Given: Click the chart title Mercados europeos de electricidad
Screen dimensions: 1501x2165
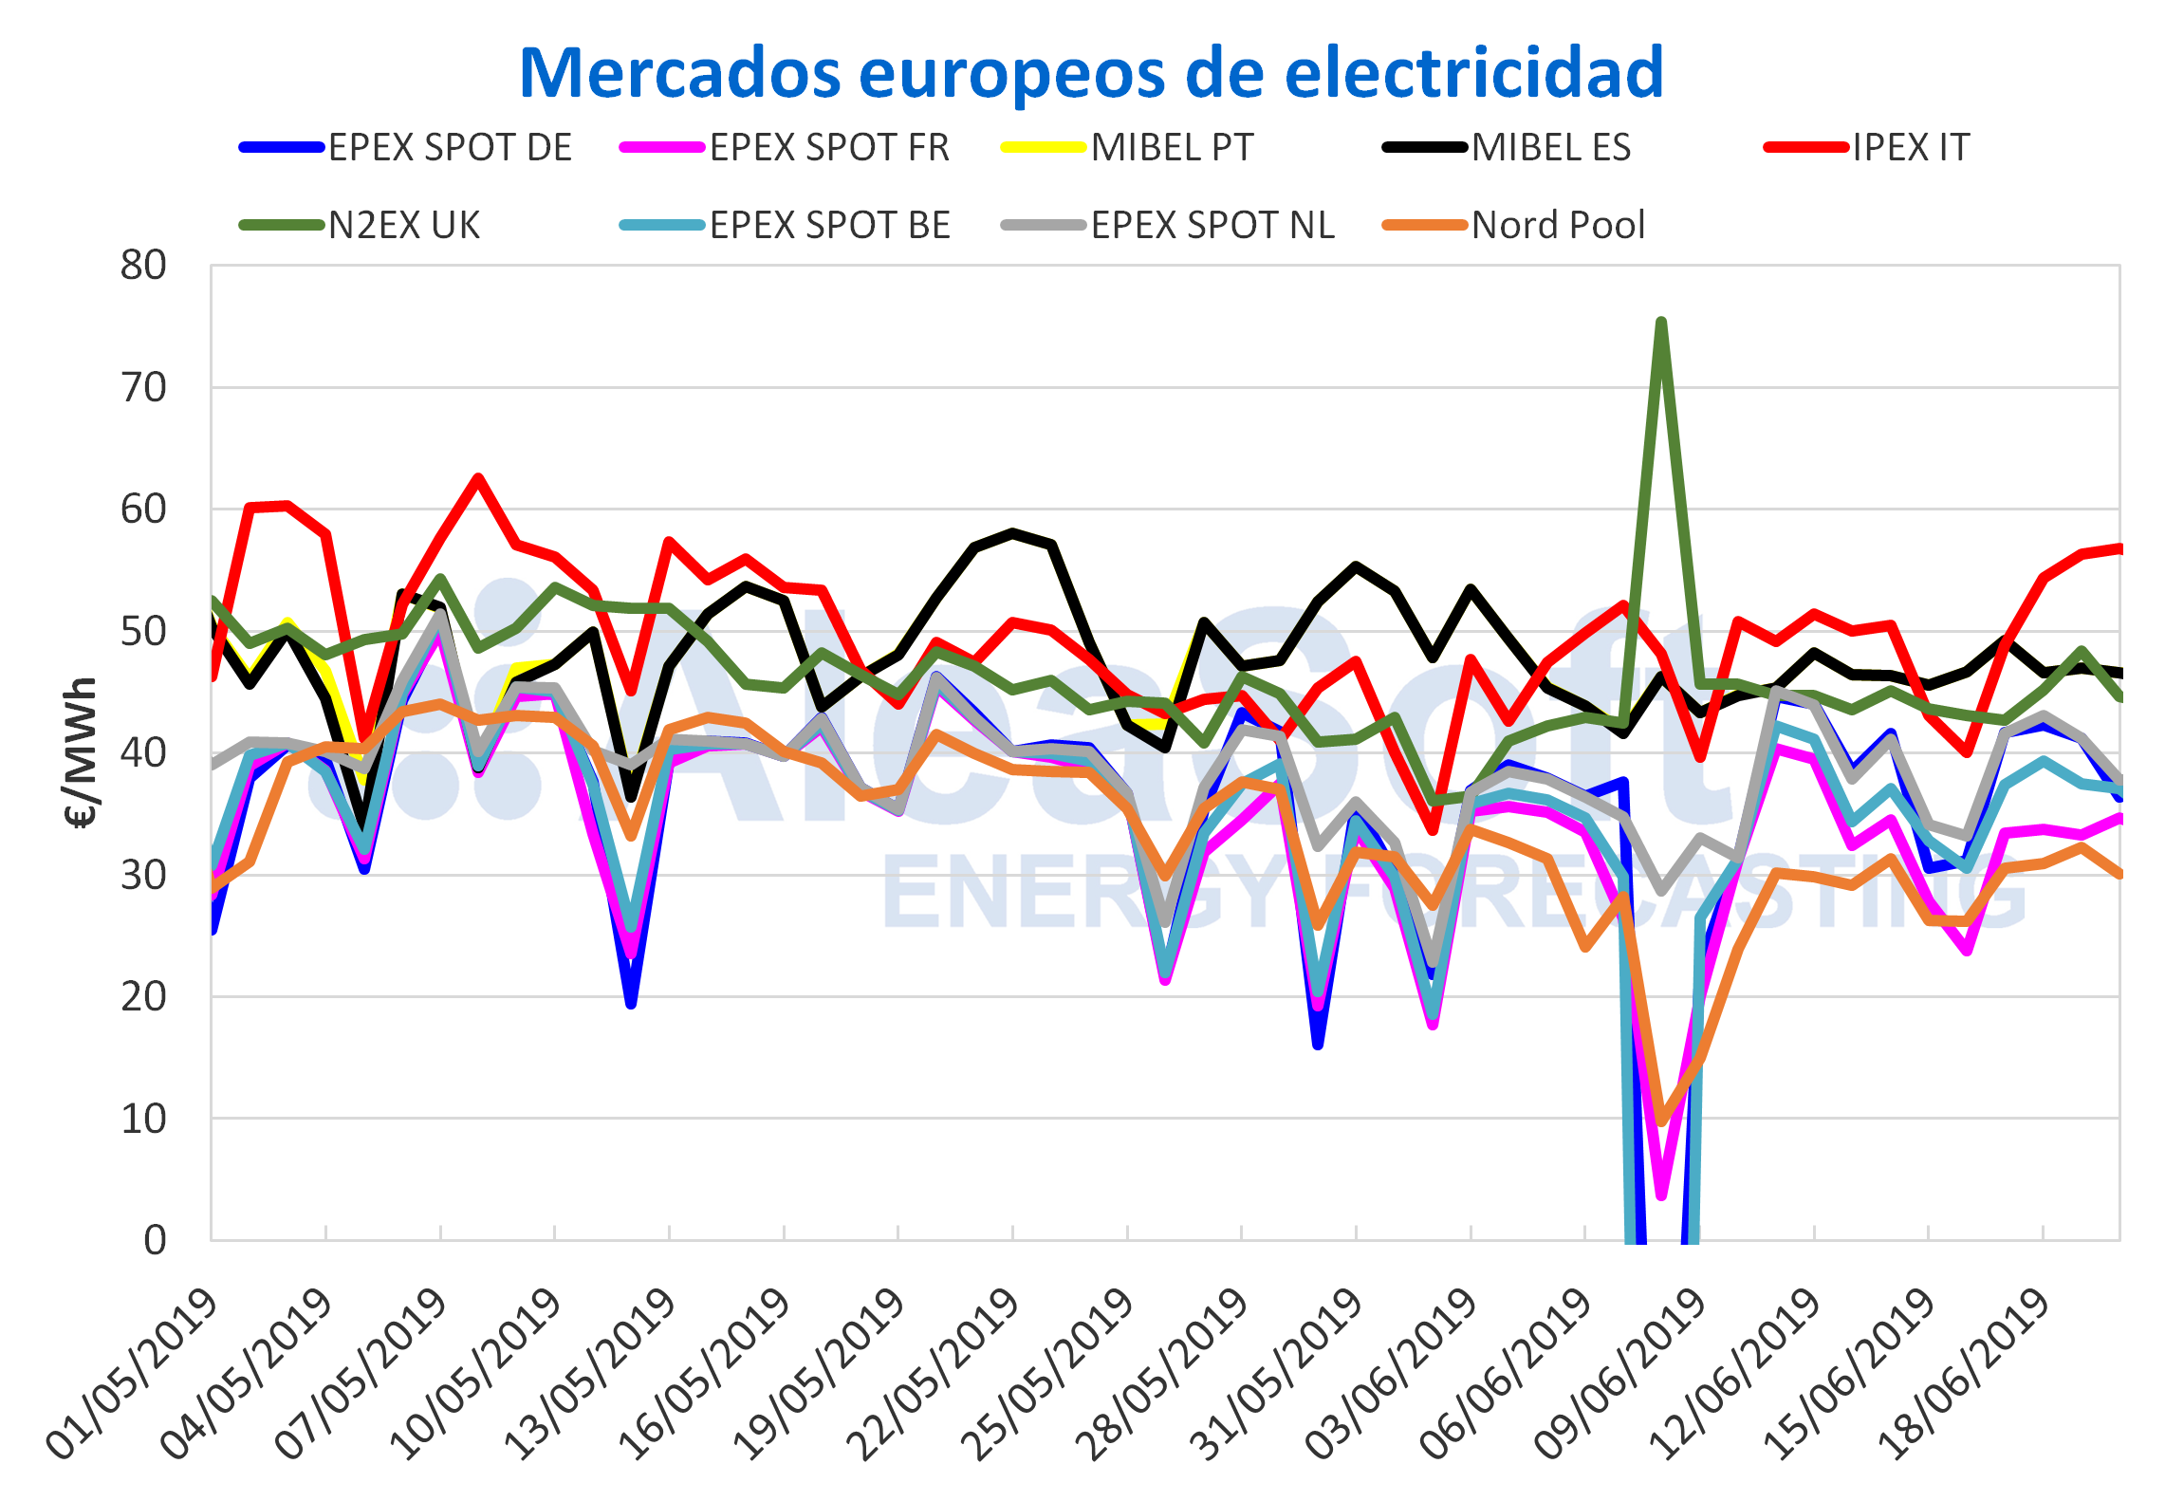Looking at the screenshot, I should point(1091,73).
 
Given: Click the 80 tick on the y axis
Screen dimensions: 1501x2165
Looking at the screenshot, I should point(143,266).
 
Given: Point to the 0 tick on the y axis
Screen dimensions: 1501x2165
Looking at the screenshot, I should point(155,1240).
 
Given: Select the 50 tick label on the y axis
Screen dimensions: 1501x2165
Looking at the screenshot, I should point(143,631).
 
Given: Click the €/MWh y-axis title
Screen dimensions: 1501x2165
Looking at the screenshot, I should point(83,751).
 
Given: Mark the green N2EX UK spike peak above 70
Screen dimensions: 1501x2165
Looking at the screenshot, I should point(1661,323).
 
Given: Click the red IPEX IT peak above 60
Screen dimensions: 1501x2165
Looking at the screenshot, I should point(478,477).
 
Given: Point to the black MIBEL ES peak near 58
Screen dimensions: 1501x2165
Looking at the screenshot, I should point(1013,532).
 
